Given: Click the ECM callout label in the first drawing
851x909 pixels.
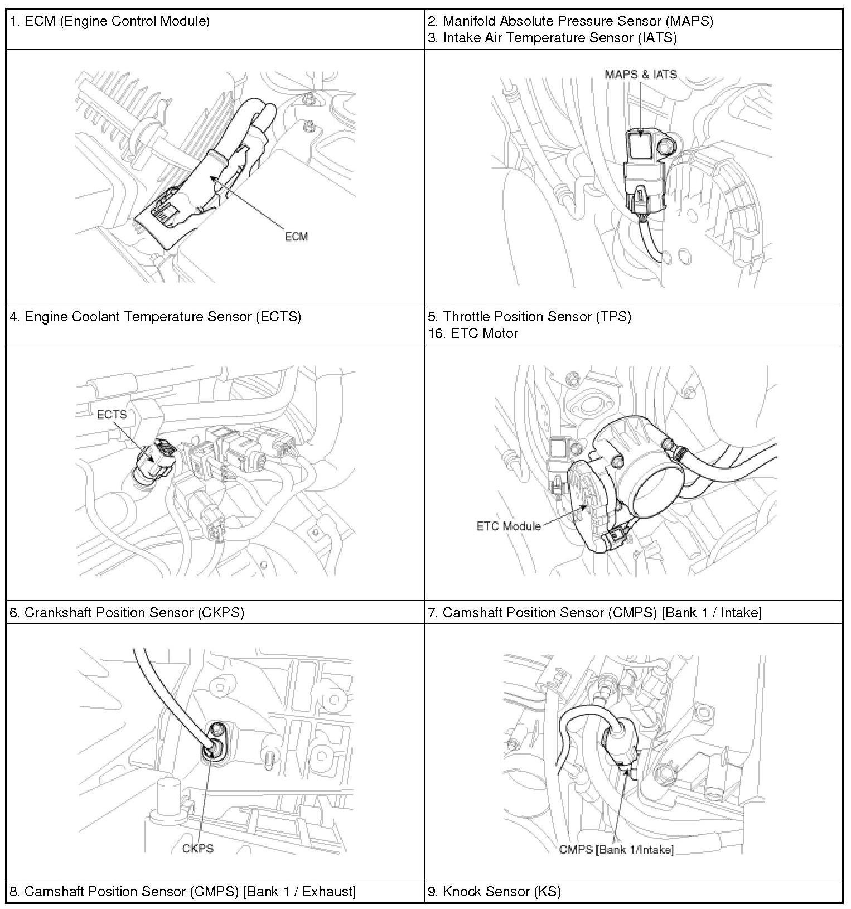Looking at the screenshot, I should [x=296, y=236].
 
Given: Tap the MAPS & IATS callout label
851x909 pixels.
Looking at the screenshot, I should [x=641, y=74].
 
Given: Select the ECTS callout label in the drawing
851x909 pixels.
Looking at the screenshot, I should [x=112, y=414].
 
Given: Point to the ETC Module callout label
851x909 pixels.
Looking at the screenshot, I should [x=508, y=525].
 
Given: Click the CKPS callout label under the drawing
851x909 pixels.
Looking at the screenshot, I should [x=198, y=848].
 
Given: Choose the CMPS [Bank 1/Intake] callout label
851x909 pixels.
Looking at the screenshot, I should [x=616, y=849].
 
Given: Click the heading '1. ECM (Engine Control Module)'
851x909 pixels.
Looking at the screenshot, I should [x=110, y=21].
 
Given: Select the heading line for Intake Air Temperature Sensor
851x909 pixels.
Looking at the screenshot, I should [x=552, y=38].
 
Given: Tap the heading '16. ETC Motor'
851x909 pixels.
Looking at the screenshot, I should [x=473, y=333].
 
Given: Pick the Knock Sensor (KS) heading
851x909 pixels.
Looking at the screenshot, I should [x=494, y=891].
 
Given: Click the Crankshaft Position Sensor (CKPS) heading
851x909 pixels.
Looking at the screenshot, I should [x=127, y=612].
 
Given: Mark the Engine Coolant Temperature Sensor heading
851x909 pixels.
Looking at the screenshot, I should [x=156, y=317].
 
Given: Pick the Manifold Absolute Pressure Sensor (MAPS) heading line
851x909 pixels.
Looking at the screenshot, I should [x=570, y=21].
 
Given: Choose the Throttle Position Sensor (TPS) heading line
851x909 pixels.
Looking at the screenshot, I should [x=529, y=317].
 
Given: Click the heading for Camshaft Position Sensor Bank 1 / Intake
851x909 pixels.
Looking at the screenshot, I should [x=594, y=612].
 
